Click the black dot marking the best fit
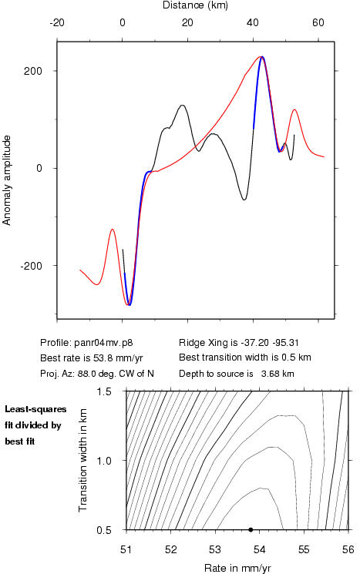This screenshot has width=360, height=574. coord(251,529)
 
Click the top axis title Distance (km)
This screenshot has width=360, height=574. coord(195,5)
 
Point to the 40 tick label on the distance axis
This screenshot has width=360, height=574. coord(252,22)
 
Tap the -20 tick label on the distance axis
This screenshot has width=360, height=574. coord(57,22)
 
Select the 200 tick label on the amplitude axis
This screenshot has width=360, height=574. coord(33,71)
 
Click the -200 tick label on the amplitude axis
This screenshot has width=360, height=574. coord(32,266)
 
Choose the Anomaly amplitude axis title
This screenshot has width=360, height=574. coord(7,180)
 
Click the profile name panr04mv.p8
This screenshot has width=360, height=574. coord(103,343)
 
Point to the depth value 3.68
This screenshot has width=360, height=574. coord(270,374)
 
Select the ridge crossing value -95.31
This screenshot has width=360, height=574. coord(285,343)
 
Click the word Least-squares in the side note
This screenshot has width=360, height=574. coord(35,409)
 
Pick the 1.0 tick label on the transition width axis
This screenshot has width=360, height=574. coord(104,461)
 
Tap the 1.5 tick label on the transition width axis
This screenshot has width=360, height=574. coord(104,391)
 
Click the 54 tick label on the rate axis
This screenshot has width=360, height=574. coord(259,549)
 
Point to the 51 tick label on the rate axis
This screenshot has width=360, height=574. coord(126,549)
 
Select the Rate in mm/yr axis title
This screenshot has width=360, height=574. coord(237,568)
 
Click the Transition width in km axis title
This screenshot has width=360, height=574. coord(82,460)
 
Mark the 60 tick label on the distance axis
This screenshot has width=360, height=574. coord(318,22)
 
